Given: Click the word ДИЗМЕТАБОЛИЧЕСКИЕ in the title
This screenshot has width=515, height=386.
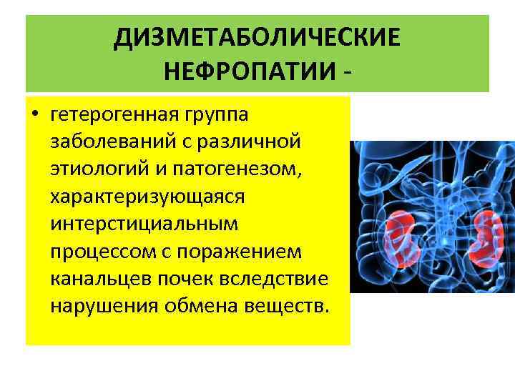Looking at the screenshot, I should (257, 37).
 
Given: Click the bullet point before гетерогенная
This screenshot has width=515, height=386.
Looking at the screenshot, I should (35, 115).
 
